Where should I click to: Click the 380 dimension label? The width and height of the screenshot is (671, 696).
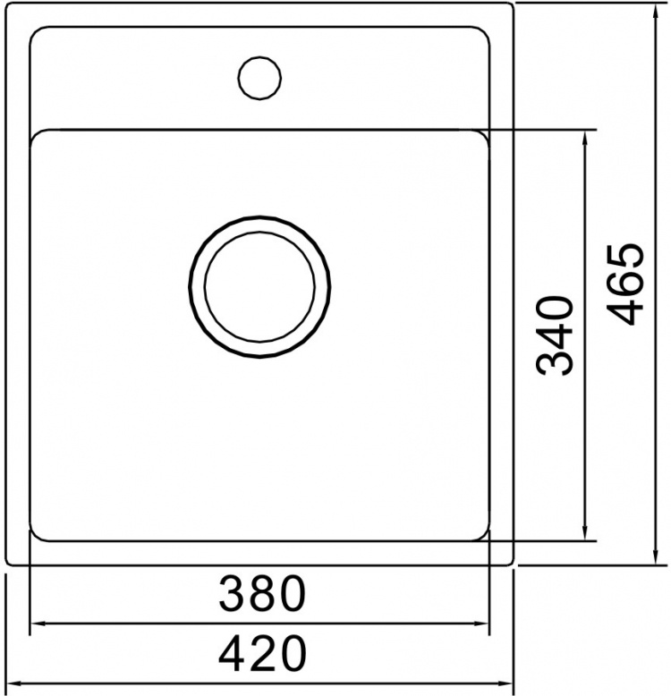262,593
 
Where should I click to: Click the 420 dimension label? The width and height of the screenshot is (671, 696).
262,653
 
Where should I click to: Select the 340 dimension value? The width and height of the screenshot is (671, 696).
556,336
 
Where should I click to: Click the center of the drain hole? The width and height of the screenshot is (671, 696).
259,287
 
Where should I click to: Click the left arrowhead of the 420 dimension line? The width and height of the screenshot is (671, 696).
14,683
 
